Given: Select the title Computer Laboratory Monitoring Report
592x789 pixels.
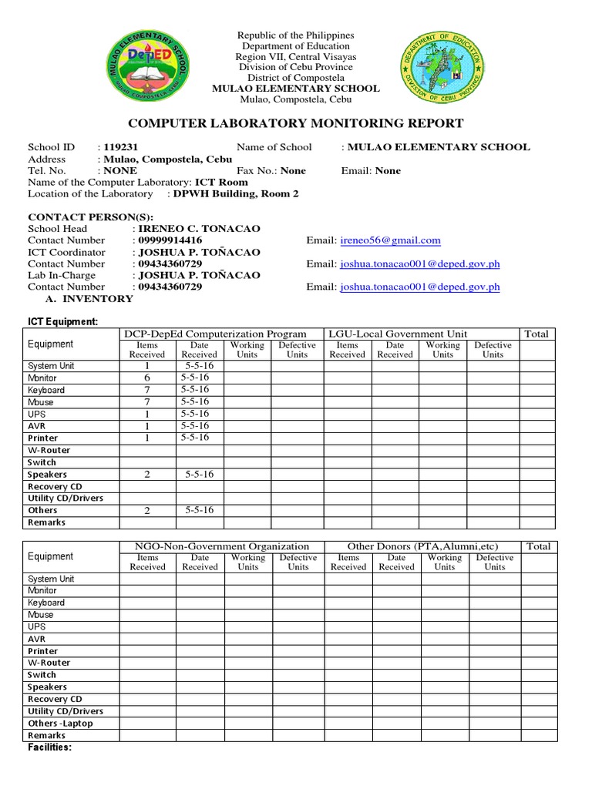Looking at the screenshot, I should click(x=295, y=123).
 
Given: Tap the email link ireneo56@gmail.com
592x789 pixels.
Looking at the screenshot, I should click(x=390, y=240).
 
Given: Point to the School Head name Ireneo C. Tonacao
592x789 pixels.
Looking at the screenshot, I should click(x=199, y=229).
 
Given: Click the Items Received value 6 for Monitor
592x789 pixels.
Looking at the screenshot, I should click(x=146, y=378).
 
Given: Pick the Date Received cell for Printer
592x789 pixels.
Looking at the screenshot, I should click(x=195, y=438).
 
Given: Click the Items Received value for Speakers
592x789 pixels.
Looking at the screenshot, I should click(x=146, y=475).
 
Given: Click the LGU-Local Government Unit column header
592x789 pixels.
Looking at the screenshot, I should click(x=398, y=334).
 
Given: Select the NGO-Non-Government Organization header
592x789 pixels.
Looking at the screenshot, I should click(x=222, y=546).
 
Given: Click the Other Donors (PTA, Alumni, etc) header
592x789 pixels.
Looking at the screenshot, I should click(x=421, y=546).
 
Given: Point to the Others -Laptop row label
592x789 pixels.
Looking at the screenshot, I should click(x=60, y=724).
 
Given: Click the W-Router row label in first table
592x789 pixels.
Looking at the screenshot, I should click(x=49, y=450).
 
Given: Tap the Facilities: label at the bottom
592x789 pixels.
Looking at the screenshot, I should click(x=50, y=747).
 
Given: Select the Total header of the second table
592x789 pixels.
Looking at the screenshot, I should click(x=538, y=546).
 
